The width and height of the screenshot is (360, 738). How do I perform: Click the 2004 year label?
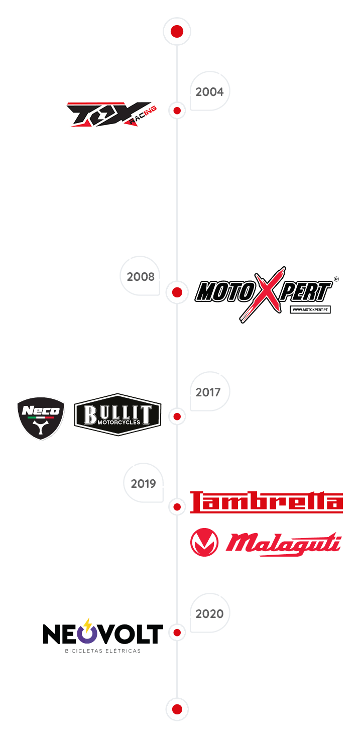(x=209, y=92)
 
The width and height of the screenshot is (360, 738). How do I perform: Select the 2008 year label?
(x=141, y=277)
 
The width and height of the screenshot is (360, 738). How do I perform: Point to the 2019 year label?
(x=143, y=484)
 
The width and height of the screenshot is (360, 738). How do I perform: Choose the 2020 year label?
(x=209, y=614)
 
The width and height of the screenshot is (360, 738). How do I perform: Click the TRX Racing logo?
(x=111, y=115)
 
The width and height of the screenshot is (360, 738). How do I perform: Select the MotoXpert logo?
(x=266, y=294)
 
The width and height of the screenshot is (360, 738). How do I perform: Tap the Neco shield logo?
(x=42, y=419)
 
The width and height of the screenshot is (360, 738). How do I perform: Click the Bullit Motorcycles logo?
(x=117, y=414)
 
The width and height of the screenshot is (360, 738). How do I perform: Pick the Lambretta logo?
(x=266, y=502)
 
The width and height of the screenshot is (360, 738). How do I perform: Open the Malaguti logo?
(x=266, y=542)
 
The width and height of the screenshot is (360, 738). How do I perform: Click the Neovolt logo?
(x=103, y=635)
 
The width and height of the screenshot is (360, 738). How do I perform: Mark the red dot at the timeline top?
(x=177, y=32)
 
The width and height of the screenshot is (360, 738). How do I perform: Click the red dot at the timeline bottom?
(x=177, y=709)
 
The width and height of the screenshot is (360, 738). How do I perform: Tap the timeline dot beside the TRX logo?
(x=177, y=111)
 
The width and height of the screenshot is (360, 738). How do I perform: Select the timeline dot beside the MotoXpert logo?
(x=177, y=292)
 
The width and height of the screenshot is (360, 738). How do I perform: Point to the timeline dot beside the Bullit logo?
(x=177, y=416)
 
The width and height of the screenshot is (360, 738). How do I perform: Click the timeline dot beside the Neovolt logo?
(x=177, y=632)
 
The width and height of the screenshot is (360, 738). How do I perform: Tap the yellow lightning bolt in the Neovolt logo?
(x=88, y=625)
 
